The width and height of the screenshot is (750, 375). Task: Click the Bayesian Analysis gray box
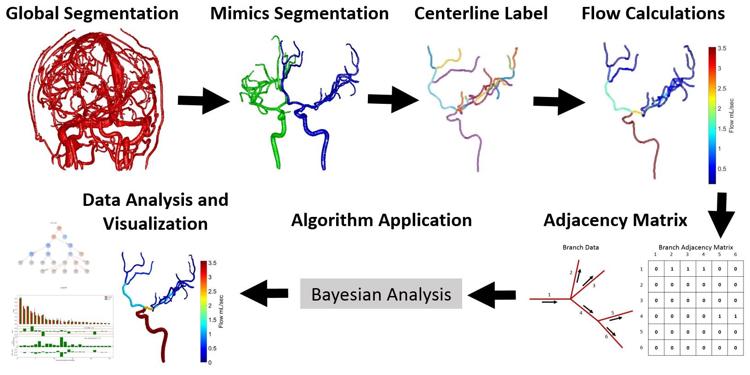(x=381, y=294)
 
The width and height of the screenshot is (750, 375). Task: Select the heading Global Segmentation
(x=92, y=13)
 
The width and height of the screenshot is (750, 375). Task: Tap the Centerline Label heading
(x=481, y=13)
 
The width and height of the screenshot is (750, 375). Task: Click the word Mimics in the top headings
(x=239, y=13)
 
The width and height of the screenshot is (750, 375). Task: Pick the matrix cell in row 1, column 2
(x=672, y=269)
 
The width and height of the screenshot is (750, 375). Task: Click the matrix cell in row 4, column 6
(x=735, y=316)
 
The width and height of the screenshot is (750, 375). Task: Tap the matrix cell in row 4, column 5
(x=719, y=316)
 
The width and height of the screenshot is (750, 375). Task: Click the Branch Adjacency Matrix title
(x=695, y=247)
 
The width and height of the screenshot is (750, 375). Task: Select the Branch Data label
(x=580, y=247)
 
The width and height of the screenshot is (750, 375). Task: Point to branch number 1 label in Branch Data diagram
(x=549, y=295)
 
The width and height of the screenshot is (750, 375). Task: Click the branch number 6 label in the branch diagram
(x=607, y=336)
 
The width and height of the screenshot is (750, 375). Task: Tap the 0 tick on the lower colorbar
(x=210, y=363)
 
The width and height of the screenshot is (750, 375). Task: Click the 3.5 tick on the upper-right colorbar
(x=721, y=48)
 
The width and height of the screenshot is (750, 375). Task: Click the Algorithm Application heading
(x=381, y=220)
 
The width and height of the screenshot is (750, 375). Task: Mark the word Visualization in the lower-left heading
(x=155, y=224)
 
